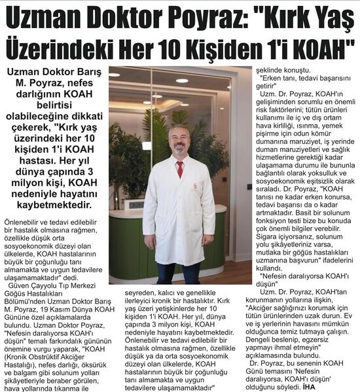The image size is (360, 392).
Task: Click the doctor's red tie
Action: [179, 169]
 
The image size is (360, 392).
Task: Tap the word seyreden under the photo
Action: [126, 293]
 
